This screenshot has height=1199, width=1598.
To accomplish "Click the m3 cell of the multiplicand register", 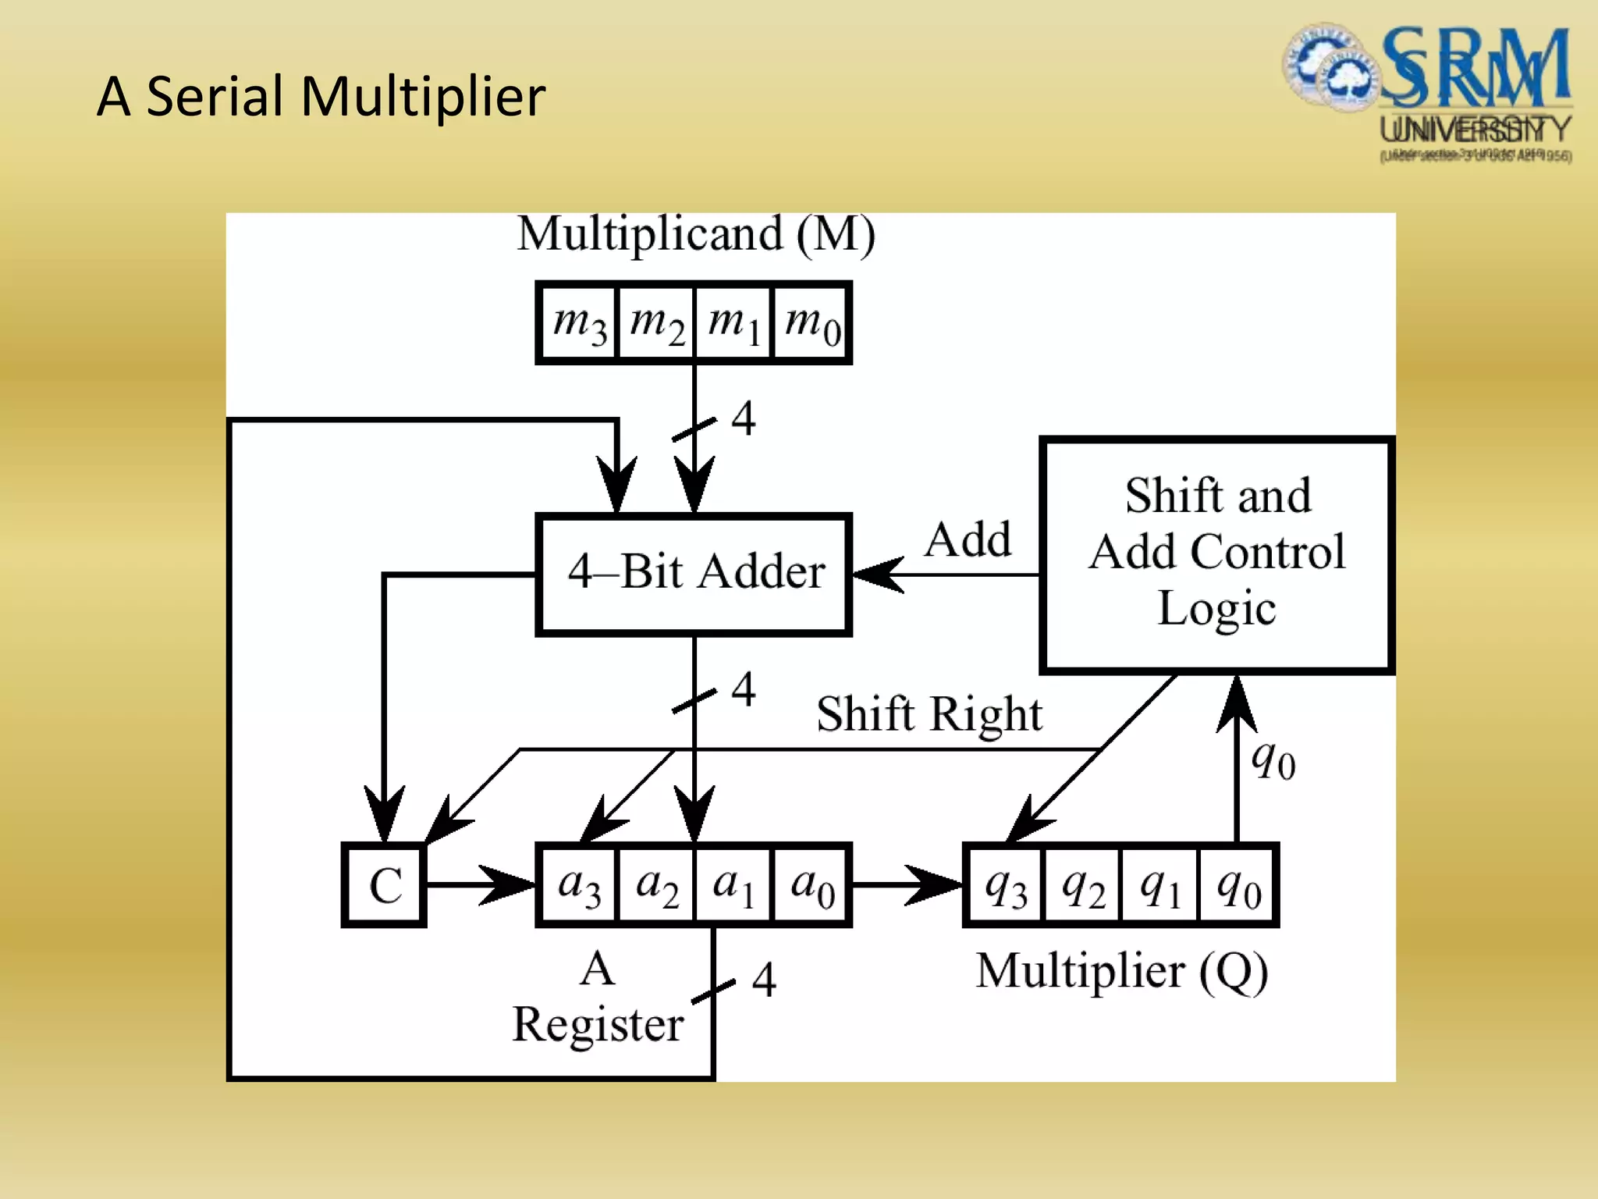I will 578,323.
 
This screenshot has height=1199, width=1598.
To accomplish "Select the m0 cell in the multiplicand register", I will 811,323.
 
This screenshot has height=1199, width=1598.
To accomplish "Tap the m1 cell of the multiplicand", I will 733,323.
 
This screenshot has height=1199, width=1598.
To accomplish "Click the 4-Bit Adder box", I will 694,574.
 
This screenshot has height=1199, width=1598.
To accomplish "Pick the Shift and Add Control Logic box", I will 1217,554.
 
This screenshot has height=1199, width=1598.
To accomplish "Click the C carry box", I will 385,885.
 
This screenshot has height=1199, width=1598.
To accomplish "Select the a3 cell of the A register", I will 578,885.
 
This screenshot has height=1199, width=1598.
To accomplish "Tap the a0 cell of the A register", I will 811,885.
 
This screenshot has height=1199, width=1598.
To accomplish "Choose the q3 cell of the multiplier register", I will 1005,885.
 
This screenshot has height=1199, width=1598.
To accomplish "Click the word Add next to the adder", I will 968,539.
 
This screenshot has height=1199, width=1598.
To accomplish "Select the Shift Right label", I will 929,713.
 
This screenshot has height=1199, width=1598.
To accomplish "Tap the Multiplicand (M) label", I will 695,233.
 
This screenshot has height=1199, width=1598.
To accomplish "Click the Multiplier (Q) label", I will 1122,971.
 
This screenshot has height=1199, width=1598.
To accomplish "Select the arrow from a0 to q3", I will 907,885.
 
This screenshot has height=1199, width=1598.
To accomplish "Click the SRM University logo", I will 1428,92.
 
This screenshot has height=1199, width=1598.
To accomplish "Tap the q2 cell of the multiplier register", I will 1083,885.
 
